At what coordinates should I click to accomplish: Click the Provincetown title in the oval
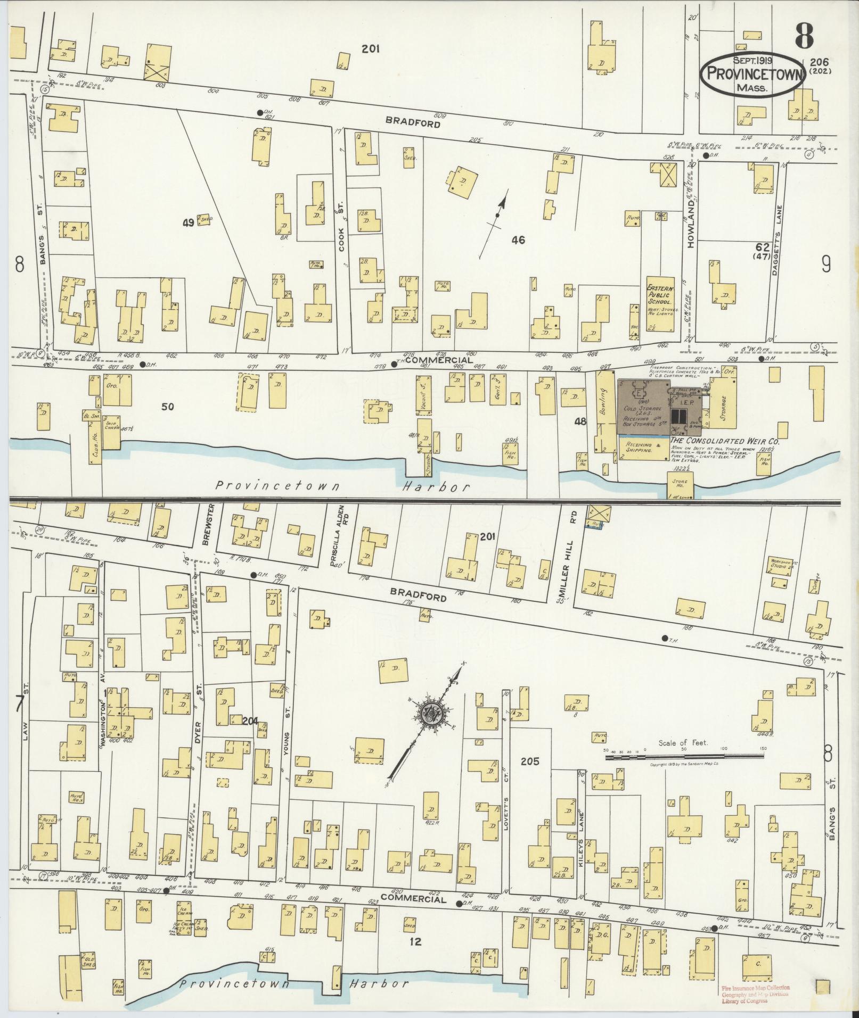point(751,75)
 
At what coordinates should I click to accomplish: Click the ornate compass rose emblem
point(429,713)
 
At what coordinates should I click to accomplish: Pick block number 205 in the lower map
point(530,762)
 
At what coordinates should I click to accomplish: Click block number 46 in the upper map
point(518,240)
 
